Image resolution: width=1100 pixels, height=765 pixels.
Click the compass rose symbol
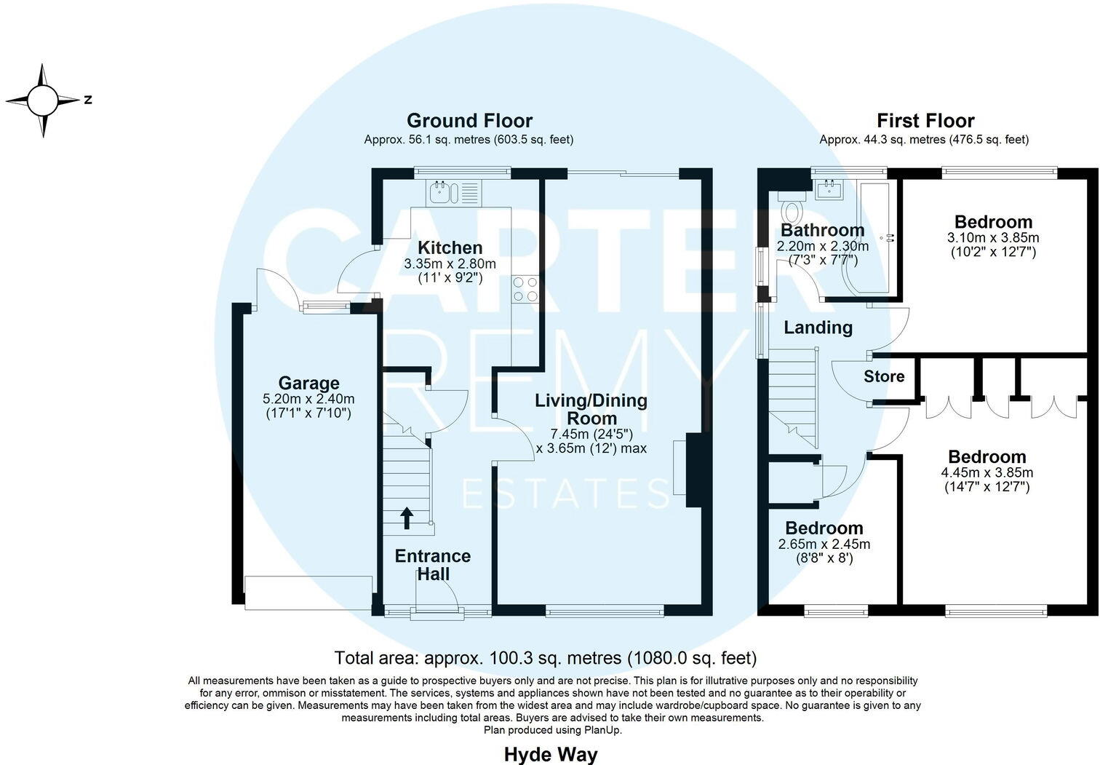pyautogui.click(x=43, y=100)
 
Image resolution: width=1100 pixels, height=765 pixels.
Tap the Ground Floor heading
pyautogui.click(x=469, y=121)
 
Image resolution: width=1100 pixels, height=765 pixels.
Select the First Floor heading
pyautogui.click(x=925, y=121)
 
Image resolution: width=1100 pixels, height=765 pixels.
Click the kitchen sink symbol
pyautogui.click(x=441, y=193)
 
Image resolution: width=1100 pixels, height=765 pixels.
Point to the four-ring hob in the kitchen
pyautogui.click(x=525, y=289)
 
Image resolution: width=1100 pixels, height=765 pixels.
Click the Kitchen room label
pyautogui.click(x=450, y=248)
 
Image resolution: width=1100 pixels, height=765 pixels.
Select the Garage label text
pyautogui.click(x=308, y=383)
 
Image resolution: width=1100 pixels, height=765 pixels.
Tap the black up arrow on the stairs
pyautogui.click(x=407, y=518)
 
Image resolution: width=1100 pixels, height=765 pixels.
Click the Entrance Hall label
pyautogui.click(x=432, y=565)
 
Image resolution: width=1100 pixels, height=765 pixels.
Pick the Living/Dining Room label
pyautogui.click(x=591, y=409)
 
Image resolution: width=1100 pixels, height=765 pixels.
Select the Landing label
pyautogui.click(x=818, y=328)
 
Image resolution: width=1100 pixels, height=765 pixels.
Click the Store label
pyautogui.click(x=884, y=376)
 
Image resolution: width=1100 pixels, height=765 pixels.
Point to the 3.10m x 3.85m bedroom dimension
pyautogui.click(x=993, y=238)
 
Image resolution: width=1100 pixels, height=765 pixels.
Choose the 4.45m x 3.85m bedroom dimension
pyautogui.click(x=987, y=472)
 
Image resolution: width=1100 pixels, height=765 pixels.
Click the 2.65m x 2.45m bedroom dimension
pyautogui.click(x=824, y=544)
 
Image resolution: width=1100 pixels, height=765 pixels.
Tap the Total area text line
pyautogui.click(x=545, y=658)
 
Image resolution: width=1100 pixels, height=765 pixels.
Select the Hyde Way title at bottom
pyautogui.click(x=550, y=754)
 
